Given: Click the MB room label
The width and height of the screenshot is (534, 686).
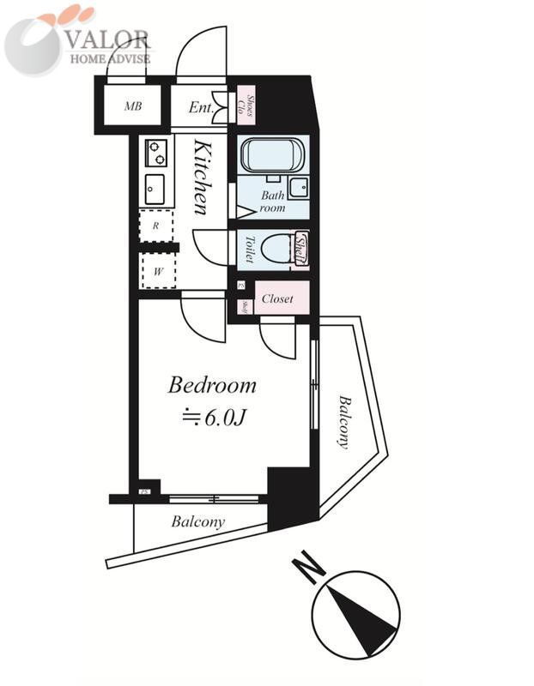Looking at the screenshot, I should pos(132,106).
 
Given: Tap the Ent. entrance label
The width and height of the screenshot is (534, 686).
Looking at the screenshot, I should pos(201,107).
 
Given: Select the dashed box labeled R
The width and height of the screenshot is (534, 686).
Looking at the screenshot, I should pos(156,226).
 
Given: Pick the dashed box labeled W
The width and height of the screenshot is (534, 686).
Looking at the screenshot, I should pos(158,272).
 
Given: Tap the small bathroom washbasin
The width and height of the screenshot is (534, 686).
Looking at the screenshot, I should pos(298,187).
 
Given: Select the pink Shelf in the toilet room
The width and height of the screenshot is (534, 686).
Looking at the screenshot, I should pos(300,249).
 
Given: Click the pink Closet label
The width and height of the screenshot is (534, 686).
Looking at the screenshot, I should pos(278,299).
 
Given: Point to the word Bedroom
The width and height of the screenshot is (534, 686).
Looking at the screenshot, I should pos(212,385).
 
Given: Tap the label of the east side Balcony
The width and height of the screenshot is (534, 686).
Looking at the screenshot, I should pos(343,421).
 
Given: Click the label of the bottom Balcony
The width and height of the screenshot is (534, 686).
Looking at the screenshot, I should pos(197,521).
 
